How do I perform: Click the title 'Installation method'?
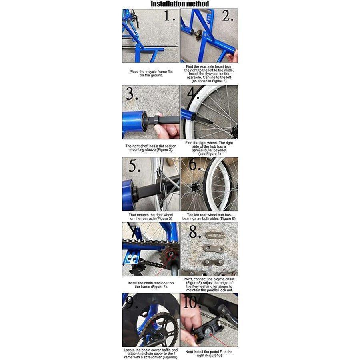pos(180,4)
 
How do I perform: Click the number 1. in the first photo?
pos(170,17)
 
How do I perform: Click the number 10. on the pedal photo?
pos(192,303)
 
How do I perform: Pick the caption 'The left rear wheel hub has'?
pos(209,215)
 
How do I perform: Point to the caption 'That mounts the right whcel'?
pos(151,215)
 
